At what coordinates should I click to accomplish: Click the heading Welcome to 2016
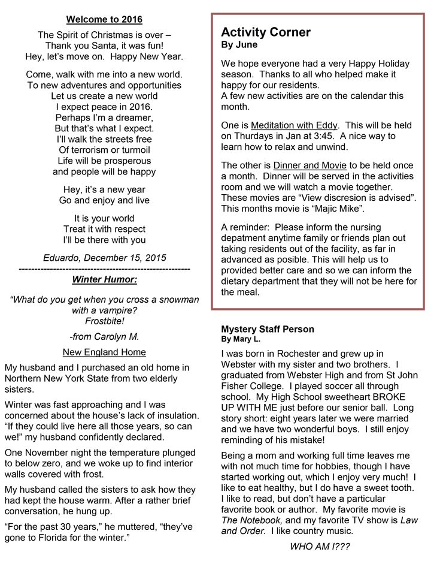(104, 20)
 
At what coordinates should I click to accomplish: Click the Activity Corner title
(266, 32)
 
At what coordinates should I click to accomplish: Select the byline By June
(239, 45)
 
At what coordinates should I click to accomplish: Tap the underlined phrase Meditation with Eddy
(295, 125)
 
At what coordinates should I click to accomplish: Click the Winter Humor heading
(104, 279)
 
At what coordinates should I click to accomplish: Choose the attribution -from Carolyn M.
(104, 337)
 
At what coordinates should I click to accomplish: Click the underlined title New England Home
(104, 352)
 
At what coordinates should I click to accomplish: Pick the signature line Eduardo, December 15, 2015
(104, 258)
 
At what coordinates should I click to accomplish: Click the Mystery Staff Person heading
(268, 330)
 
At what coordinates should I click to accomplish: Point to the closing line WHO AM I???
(320, 547)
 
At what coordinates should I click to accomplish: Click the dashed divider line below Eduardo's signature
(104, 269)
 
